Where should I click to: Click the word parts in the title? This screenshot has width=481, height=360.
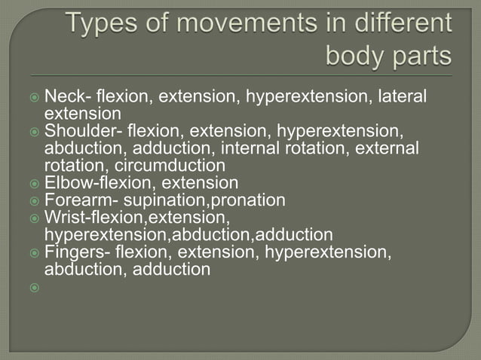point(422,56)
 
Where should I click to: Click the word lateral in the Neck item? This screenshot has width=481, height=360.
point(404,96)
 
